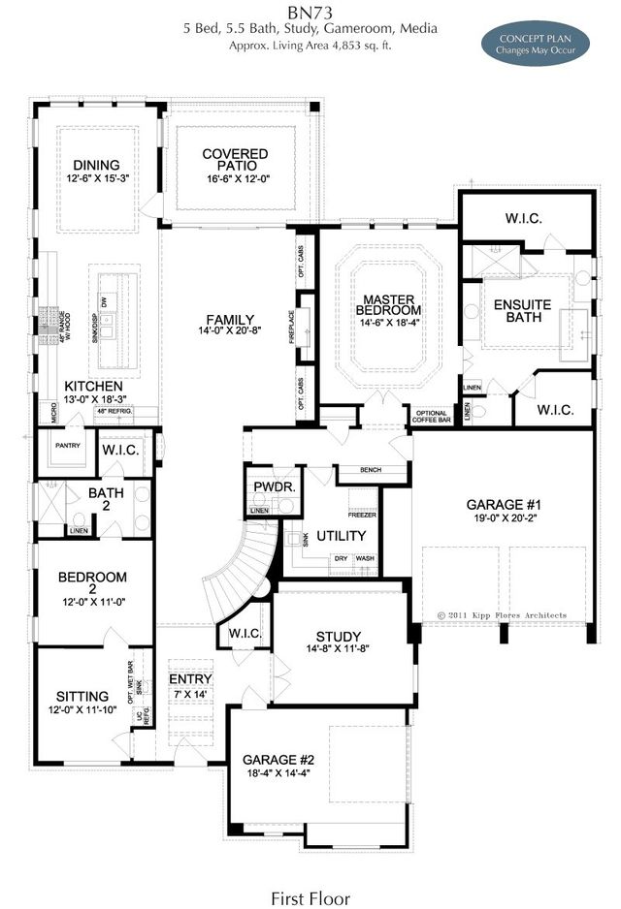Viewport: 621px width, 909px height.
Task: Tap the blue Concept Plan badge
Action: pos(537,44)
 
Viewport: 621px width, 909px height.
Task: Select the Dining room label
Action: pos(94,165)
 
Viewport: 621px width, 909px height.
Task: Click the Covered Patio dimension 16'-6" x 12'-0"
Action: pos(235,179)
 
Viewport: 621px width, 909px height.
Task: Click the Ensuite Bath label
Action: pos(522,311)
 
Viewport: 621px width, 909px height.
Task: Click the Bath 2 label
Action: pos(106,499)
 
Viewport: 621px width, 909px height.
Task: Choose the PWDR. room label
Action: pos(267,486)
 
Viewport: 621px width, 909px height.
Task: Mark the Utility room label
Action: pos(342,536)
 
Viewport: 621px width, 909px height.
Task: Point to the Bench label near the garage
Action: pos(369,470)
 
